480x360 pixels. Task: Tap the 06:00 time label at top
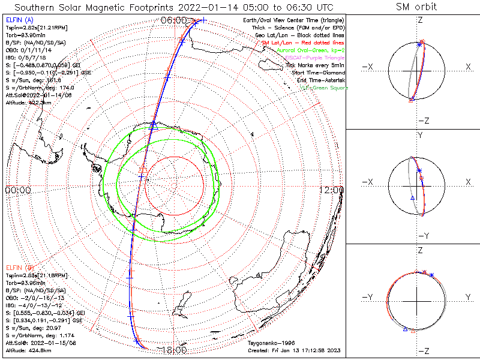[173, 20]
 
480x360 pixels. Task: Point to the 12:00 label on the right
[331, 190]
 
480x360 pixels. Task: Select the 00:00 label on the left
[18, 190]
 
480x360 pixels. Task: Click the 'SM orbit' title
[416, 7]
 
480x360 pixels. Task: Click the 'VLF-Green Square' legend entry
[323, 88]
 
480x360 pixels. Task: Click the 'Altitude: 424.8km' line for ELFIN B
[28, 348]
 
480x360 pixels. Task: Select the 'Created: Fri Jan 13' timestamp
[295, 349]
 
